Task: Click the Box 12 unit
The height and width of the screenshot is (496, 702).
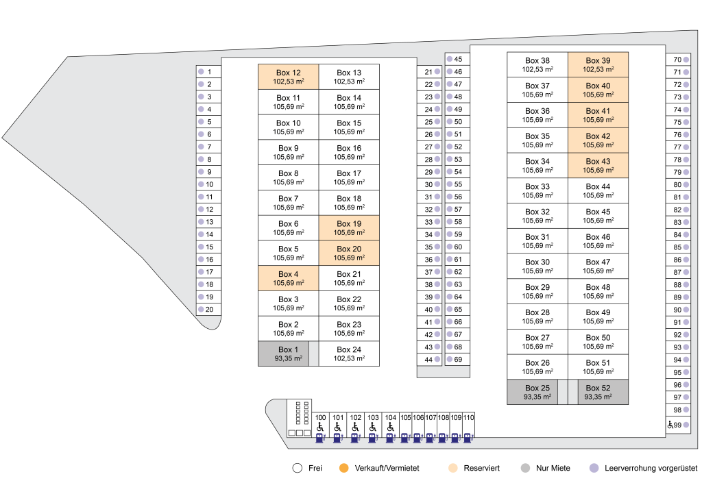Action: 289,77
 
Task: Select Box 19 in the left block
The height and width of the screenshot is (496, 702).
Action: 349,227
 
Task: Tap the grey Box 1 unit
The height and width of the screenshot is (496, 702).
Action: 283,354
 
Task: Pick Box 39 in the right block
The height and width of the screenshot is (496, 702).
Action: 598,64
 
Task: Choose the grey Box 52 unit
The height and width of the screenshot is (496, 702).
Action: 603,392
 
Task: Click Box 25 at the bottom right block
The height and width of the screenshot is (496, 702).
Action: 532,392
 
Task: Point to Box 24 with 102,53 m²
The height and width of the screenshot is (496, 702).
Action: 349,354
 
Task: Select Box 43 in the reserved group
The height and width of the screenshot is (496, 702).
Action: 598,166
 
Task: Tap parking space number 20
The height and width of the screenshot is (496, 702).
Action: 208,309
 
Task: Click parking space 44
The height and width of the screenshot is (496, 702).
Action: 429,359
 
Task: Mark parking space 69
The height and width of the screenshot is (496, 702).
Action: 457,359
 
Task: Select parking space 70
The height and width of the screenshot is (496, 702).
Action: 678,60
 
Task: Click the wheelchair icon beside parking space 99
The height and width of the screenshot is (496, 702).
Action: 670,425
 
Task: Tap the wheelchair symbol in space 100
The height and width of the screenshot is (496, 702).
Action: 320,427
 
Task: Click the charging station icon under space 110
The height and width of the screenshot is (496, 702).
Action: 468,438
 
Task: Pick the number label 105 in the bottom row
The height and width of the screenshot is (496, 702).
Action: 406,417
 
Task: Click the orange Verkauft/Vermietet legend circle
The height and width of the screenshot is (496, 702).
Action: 344,468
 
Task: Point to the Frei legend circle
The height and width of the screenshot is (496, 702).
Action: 298,468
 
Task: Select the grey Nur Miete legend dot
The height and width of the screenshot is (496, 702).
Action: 526,468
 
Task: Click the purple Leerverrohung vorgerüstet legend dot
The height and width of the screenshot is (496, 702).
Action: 594,468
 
